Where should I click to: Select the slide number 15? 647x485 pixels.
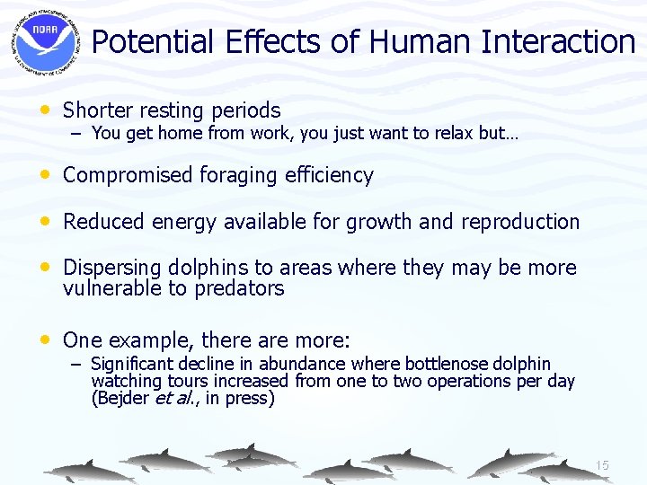(x=601, y=465)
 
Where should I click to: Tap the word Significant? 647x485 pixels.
(x=132, y=364)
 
